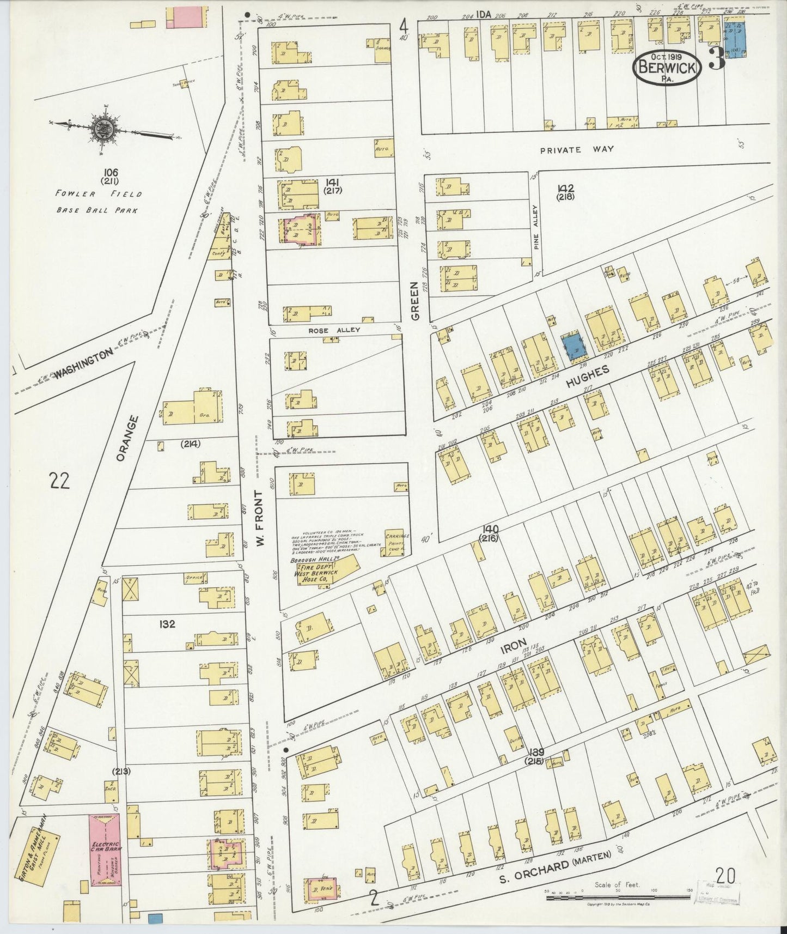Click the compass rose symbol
[102, 131]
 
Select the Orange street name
[127, 438]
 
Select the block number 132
[167, 624]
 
